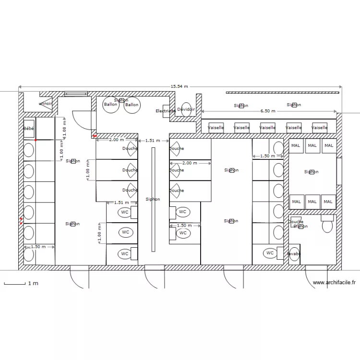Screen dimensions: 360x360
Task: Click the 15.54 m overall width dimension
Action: click(179, 87)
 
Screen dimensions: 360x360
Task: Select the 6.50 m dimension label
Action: click(268, 111)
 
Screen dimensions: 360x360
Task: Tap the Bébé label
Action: click(29, 129)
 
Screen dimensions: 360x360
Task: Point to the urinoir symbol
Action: click(46, 103)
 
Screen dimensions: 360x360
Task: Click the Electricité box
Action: click(166, 111)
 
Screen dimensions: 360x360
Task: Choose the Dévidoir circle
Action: click(186, 110)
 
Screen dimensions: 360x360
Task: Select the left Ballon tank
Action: click(111, 105)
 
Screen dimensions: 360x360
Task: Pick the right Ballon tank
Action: click(132, 105)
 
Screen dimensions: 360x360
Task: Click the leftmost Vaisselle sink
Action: click(216, 128)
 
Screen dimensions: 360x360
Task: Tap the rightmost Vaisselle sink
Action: click(320, 128)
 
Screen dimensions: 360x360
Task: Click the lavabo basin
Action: click(294, 253)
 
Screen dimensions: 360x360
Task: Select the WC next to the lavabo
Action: click(270, 253)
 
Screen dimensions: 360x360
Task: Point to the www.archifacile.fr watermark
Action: click(334, 283)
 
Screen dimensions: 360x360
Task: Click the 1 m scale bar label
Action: click(33, 284)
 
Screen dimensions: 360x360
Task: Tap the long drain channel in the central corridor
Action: click(153, 199)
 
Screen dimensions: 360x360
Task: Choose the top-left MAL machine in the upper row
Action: click(296, 145)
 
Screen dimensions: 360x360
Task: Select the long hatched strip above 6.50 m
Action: click(283, 92)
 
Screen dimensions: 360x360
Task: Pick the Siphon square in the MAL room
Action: click(312, 172)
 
